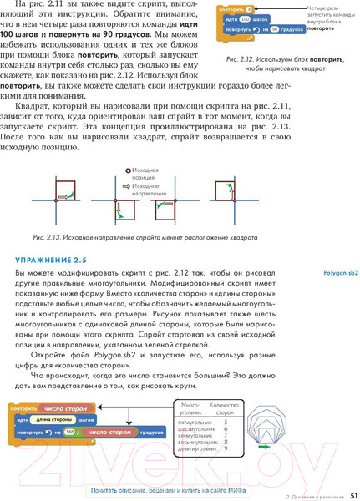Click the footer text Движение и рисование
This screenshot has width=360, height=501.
[x=310, y=495]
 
